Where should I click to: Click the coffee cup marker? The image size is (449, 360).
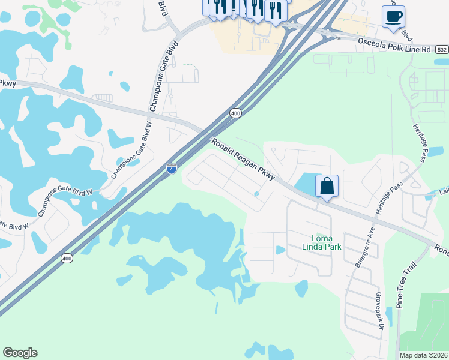click(x=393, y=17)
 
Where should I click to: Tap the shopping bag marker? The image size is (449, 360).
click(x=327, y=186)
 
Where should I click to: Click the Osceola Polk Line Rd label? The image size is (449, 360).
click(x=394, y=44)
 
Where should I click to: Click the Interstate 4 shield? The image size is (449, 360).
click(x=172, y=169)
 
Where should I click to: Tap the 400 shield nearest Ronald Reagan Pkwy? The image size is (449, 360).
click(x=235, y=113)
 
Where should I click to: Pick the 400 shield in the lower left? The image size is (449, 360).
click(x=67, y=258)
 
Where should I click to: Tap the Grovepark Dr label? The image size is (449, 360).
click(x=379, y=311)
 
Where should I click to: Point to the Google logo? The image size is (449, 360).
click(x=20, y=353)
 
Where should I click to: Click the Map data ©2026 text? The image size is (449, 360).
click(x=423, y=355)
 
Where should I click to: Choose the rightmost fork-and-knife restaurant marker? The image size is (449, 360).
click(x=275, y=11)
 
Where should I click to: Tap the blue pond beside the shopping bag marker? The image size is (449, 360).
click(x=308, y=183)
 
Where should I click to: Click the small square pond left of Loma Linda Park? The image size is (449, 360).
click(x=280, y=250)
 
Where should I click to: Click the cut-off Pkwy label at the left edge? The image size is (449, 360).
click(x=7, y=83)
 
